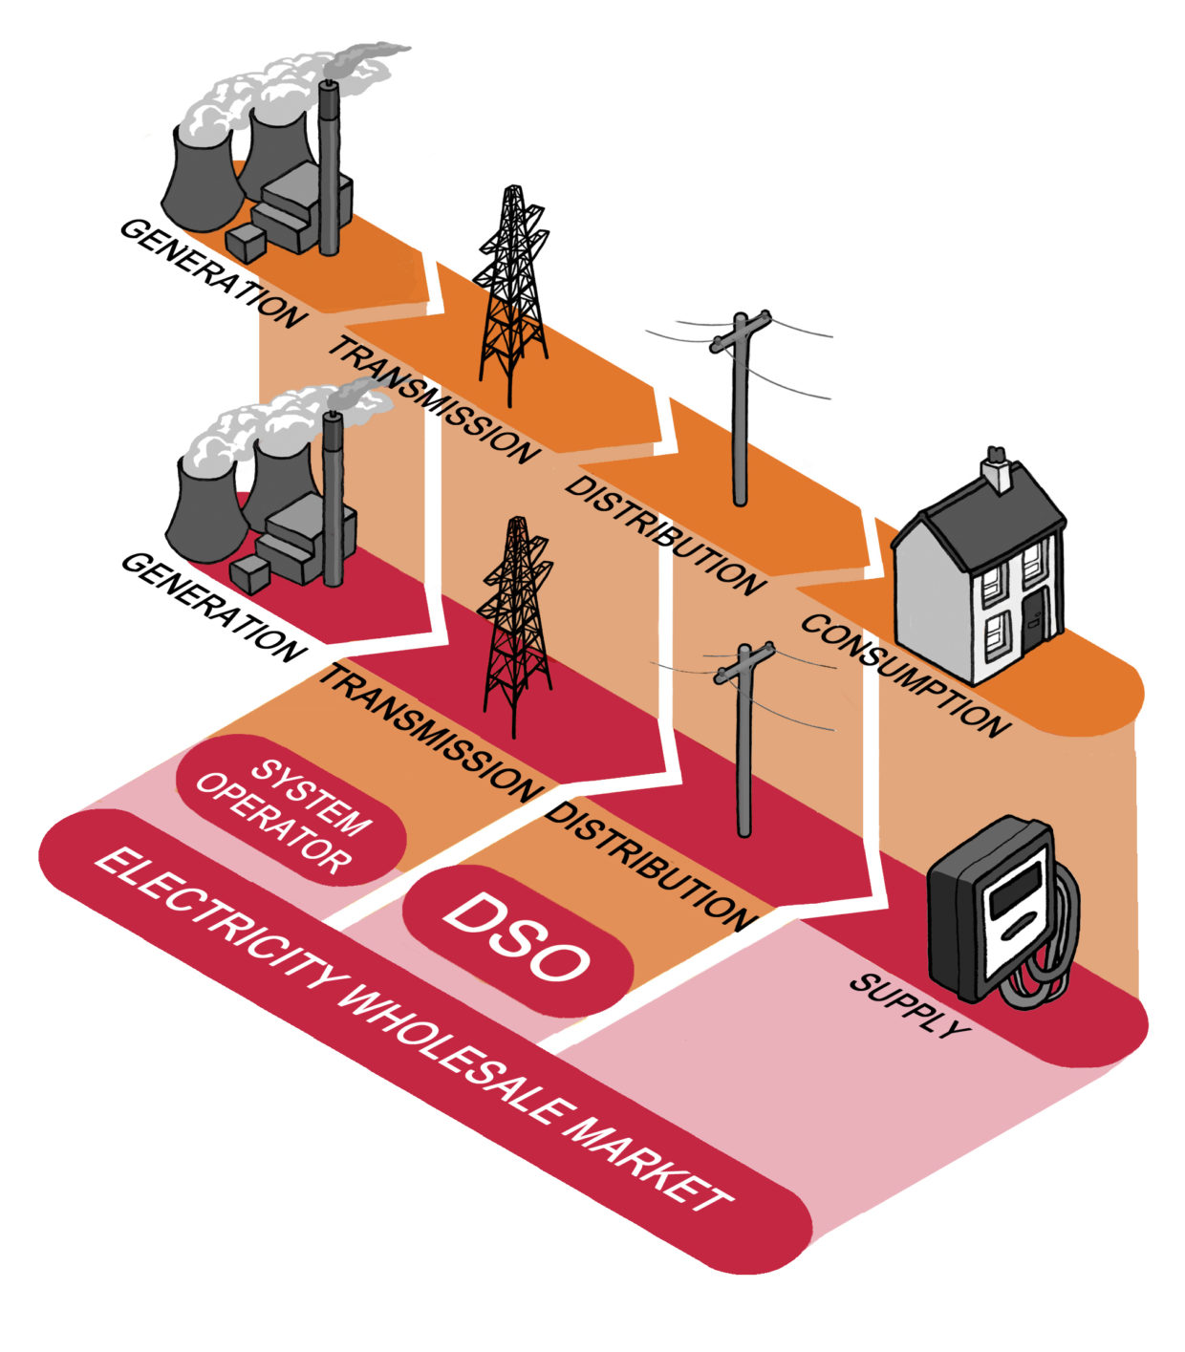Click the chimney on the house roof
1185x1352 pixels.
tap(997, 469)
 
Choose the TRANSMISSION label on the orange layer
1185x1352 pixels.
tap(430, 400)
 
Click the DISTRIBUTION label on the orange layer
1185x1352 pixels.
tap(663, 534)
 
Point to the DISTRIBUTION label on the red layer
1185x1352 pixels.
tap(650, 866)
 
